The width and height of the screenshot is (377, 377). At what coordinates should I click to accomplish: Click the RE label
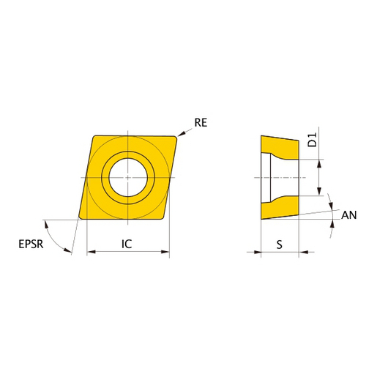point(201,122)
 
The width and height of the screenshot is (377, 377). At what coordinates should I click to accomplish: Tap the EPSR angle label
point(31,244)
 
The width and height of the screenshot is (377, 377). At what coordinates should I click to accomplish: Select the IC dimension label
point(127,244)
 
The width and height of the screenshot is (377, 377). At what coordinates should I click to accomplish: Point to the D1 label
point(312,140)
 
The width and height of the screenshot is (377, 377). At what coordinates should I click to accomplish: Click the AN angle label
point(348,215)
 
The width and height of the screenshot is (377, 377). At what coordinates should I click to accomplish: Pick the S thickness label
point(280,245)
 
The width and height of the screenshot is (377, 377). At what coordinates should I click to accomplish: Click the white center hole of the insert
point(128,177)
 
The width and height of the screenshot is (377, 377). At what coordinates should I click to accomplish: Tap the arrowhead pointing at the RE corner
point(181,134)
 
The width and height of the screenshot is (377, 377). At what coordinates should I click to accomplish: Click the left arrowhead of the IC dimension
point(92,252)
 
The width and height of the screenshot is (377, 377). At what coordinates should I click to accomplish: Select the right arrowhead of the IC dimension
point(165,252)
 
